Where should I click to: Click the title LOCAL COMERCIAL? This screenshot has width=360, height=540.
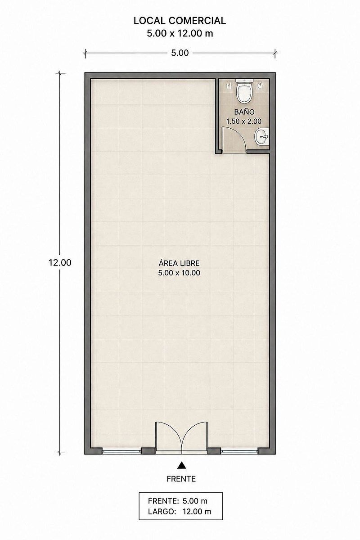pos(180,21)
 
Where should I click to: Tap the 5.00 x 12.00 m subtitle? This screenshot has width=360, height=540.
pos(180,33)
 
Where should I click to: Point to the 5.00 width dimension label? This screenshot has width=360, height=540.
pos(180,53)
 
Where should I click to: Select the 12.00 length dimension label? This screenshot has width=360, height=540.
pos(60,262)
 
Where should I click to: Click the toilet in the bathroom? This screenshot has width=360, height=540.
pos(244,90)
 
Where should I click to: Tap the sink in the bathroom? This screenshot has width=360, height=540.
pos(262,137)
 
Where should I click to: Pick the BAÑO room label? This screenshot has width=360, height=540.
pos(244,112)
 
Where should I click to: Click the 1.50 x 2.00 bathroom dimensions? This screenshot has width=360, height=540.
pos(244,121)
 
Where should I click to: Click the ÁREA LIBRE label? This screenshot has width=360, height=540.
pos(179,263)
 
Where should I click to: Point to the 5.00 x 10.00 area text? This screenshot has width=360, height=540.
pos(179,273)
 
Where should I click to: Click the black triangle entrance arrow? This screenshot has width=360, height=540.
pos(181,465)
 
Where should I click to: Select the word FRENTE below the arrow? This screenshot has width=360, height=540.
pos(181,479)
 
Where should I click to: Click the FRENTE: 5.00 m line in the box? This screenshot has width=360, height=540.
pos(178,501)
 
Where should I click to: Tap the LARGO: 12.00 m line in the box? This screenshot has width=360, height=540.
pos(180,511)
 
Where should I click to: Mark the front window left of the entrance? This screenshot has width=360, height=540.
pos(121,450)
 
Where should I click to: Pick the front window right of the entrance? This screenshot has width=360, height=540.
pos(239,450)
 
